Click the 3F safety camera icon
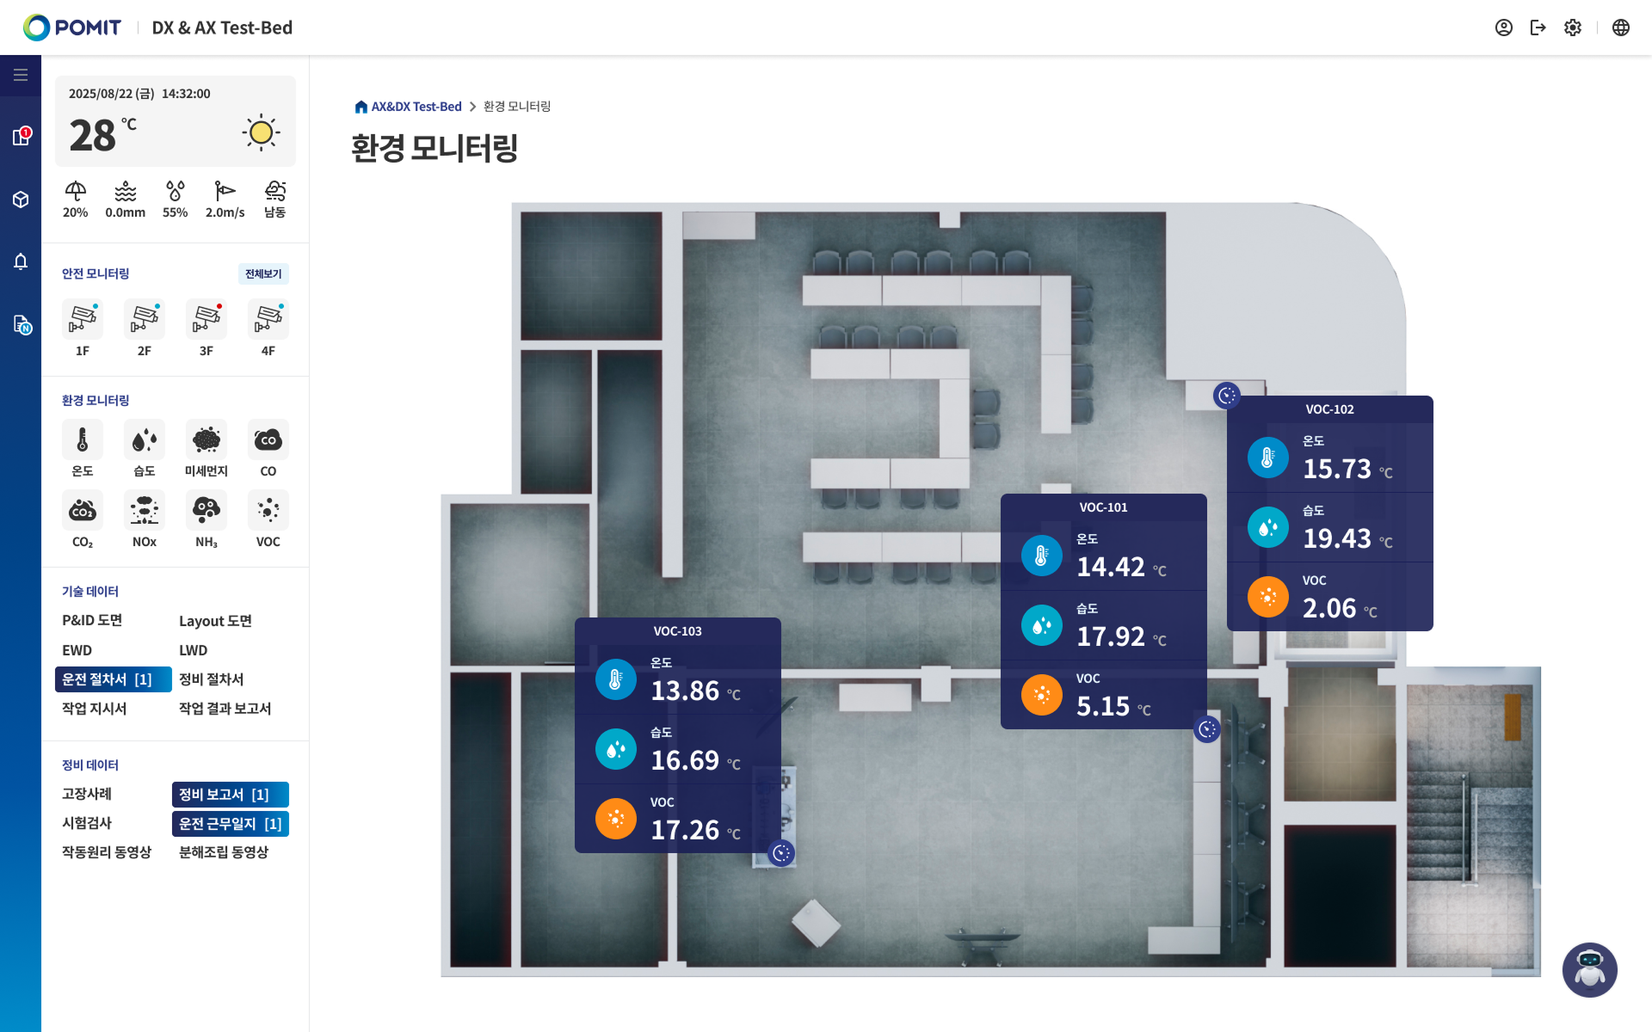pyautogui.click(x=206, y=319)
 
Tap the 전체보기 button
pyautogui.click(x=263, y=274)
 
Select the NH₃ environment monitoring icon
pyautogui.click(x=206, y=510)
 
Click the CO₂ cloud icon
pyautogui.click(x=83, y=510)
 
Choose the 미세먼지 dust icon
pyautogui.click(x=206, y=439)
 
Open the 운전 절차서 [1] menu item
pyautogui.click(x=112, y=679)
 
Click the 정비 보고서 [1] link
pyautogui.click(x=229, y=795)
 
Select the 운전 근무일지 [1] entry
pyautogui.click(x=229, y=824)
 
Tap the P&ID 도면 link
pyautogui.click(x=92, y=621)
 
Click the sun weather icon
pyautogui.click(x=261, y=132)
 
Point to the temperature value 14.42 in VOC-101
pyautogui.click(x=1111, y=567)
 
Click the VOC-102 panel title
pyautogui.click(x=1329, y=409)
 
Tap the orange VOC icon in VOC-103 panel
pyautogui.click(x=616, y=819)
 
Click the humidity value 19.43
pyautogui.click(x=1337, y=538)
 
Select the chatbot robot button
pyautogui.click(x=1589, y=969)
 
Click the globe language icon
pyautogui.click(x=1621, y=28)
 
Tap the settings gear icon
pyautogui.click(x=1573, y=28)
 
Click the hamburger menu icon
pyautogui.click(x=21, y=75)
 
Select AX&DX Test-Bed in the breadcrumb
pyautogui.click(x=416, y=107)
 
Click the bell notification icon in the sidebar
pyautogui.click(x=21, y=261)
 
